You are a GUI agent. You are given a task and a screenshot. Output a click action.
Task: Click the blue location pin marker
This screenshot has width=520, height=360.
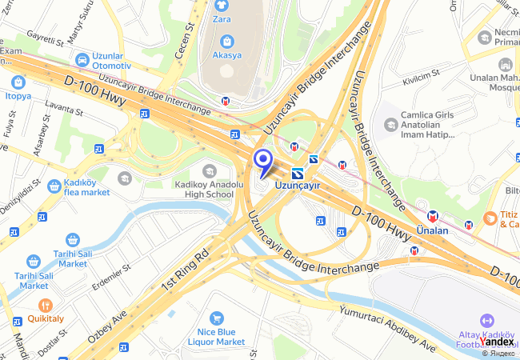(262, 160)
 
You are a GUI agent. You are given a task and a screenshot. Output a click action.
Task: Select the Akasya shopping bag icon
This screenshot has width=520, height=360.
(227, 41)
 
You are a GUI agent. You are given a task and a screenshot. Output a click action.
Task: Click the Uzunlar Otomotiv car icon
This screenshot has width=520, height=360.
(82, 59)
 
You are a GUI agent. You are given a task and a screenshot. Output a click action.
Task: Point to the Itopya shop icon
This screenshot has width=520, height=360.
(18, 82)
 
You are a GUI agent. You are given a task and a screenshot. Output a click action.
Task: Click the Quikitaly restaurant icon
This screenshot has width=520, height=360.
(46, 305)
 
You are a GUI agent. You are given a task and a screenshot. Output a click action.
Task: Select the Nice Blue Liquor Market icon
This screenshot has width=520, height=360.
(215, 318)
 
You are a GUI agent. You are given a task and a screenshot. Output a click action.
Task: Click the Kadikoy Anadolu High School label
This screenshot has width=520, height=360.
(204, 188)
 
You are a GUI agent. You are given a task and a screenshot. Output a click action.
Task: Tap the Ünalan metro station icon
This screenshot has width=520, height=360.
(433, 215)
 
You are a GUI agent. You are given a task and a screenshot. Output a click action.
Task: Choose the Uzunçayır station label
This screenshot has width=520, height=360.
(297, 185)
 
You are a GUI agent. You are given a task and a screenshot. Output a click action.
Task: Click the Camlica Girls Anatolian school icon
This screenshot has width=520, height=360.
(390, 124)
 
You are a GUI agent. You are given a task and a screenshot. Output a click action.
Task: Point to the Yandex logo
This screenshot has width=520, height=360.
(497, 342)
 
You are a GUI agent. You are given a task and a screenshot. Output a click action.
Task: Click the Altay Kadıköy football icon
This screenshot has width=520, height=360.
(486, 320)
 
